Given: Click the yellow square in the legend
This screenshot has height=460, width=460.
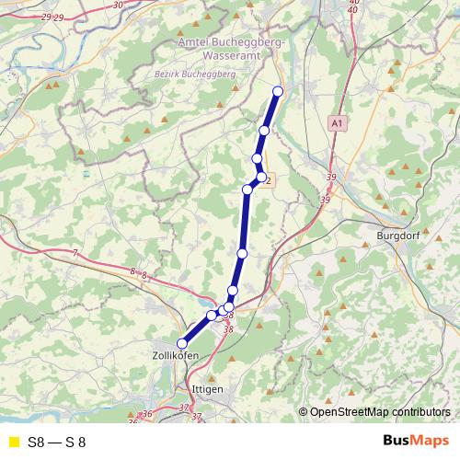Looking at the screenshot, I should [x=13, y=442].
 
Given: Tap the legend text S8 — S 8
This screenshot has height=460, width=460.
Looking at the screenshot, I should [x=57, y=442].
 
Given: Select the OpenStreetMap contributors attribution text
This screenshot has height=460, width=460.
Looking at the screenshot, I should [x=380, y=411].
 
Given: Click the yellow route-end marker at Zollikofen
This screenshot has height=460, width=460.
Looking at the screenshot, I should [x=181, y=344].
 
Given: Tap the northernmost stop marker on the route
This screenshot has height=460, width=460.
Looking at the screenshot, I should [x=278, y=90].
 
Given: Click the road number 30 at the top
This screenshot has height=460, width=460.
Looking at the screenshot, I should [x=117, y=5].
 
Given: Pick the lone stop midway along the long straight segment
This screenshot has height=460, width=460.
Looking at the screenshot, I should [x=242, y=253].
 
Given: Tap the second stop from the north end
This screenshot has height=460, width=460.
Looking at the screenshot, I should [x=264, y=131].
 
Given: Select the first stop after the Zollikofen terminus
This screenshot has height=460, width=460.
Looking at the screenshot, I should [x=212, y=316].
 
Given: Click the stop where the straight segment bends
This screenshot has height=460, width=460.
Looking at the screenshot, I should [x=247, y=190].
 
